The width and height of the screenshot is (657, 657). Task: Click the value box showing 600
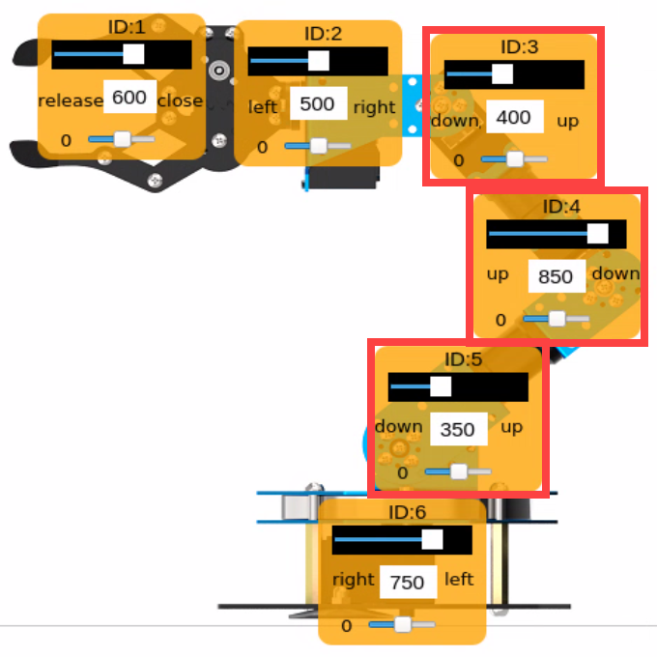[129, 97]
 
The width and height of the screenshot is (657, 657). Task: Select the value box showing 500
[319, 103]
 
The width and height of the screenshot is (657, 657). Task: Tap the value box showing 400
[515, 117]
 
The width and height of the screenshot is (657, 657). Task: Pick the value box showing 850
[557, 276]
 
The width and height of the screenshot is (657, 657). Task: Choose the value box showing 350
[459, 429]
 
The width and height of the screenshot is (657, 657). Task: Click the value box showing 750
[408, 582]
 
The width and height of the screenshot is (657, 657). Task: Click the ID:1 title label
[127, 27]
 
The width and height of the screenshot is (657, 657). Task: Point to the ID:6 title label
[408, 512]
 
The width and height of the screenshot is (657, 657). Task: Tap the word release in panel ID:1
[71, 100]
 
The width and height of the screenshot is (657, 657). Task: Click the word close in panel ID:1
[180, 100]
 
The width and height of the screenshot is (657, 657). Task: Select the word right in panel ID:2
[374, 108]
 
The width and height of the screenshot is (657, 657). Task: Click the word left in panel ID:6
[459, 580]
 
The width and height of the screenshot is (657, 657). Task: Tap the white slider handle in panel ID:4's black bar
[597, 234]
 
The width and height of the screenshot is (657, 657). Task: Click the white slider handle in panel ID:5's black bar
[441, 386]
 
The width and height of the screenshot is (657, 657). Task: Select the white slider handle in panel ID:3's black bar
[502, 73]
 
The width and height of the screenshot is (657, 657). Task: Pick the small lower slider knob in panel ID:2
[319, 146]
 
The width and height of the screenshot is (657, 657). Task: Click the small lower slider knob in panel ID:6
[403, 624]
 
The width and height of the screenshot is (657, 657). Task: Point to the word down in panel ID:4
[616, 273]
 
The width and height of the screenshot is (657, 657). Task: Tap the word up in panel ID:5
[512, 427]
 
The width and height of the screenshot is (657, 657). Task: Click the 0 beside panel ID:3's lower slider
[459, 160]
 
